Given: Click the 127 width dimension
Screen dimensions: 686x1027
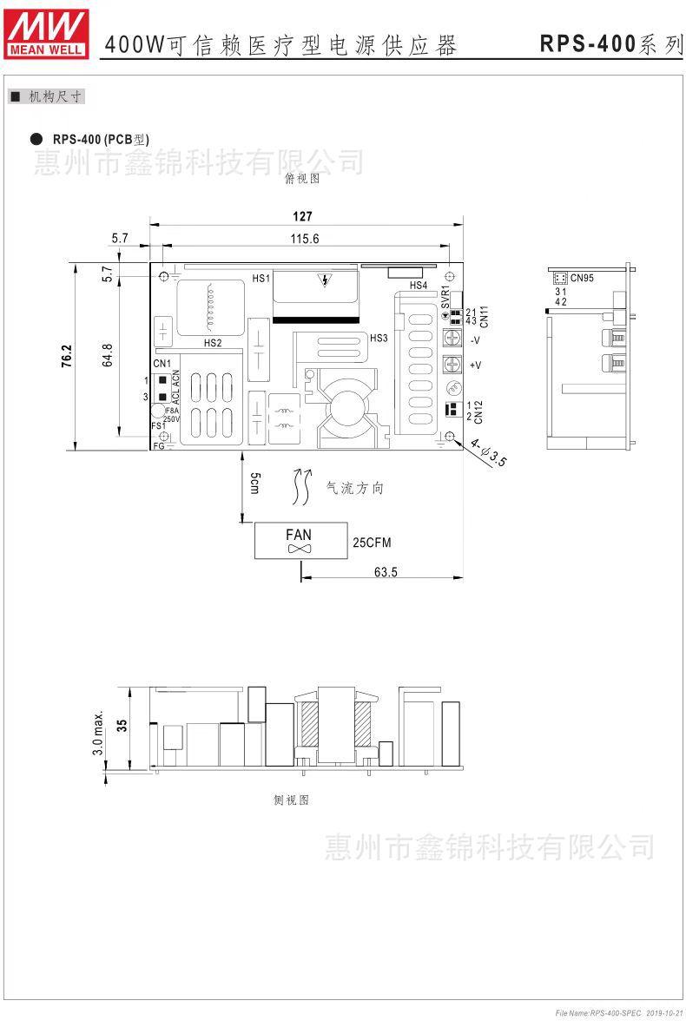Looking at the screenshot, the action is click(301, 217).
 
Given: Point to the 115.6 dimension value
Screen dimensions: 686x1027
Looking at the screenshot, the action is click(305, 239).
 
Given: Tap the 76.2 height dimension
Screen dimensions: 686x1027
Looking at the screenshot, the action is click(67, 357).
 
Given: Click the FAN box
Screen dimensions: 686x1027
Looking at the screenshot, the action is click(300, 541).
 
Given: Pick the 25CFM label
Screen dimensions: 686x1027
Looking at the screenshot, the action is click(372, 543).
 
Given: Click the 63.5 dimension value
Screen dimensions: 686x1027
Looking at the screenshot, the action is click(386, 572).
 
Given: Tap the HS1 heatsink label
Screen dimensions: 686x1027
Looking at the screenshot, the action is click(261, 278).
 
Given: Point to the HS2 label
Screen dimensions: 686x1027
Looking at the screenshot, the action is click(213, 343).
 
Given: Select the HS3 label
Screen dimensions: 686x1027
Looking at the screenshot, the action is click(378, 338).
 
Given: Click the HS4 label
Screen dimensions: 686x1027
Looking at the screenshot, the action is click(418, 285).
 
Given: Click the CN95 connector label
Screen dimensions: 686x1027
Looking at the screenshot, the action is click(582, 278).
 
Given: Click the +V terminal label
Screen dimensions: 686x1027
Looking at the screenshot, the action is click(475, 365).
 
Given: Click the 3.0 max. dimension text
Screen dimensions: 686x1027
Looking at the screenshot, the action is click(98, 734).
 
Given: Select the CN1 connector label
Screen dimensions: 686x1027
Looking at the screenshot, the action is click(162, 364).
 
